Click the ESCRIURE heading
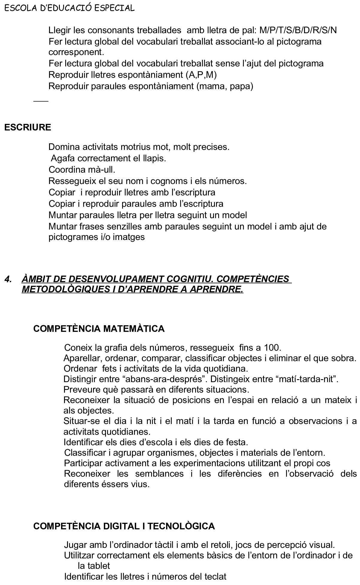pyautogui.click(x=28, y=127)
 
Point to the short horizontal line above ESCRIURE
pyautogui.click(x=41, y=101)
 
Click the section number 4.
pyautogui.click(x=8, y=279)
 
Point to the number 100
pyautogui.click(x=272, y=348)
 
